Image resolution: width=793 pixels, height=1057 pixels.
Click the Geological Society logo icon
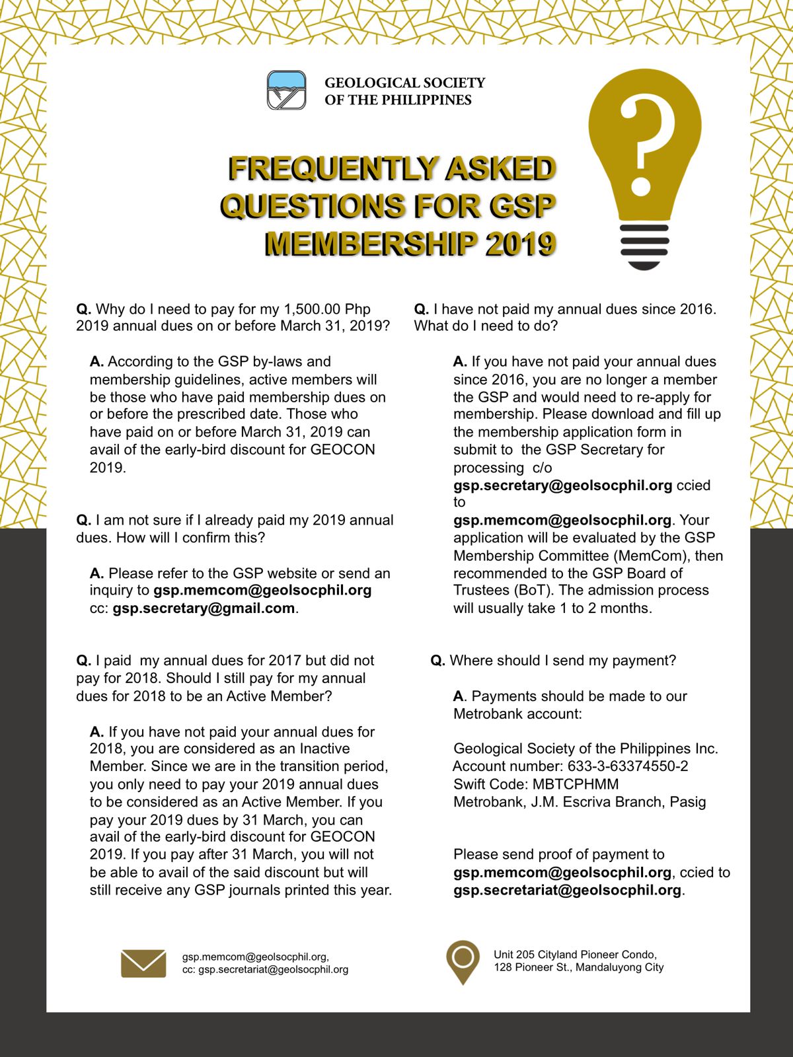286,90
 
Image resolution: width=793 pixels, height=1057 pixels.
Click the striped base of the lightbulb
644,246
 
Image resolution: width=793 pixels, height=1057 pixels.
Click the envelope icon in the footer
143,963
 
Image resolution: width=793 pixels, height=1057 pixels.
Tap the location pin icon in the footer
463,961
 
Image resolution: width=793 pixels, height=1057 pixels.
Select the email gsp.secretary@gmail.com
204,608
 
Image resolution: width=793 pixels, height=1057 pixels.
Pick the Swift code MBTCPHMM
576,784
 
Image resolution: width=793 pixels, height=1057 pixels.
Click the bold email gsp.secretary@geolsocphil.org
562,486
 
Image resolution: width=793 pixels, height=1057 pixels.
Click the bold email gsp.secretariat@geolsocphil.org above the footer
567,891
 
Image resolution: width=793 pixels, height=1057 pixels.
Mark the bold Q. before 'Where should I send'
437,661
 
